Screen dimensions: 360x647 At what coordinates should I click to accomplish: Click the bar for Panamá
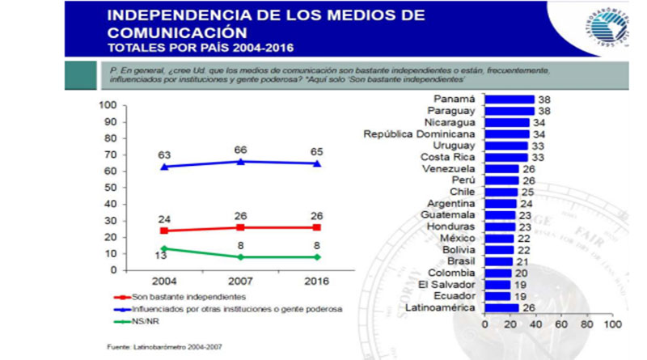[509, 100]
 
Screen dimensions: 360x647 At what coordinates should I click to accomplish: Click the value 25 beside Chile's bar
[526, 193]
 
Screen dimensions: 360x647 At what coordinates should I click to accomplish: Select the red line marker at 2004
[165, 231]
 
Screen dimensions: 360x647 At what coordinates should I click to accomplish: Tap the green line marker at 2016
[317, 257]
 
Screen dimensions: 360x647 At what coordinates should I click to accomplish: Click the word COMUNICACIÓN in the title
[177, 33]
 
